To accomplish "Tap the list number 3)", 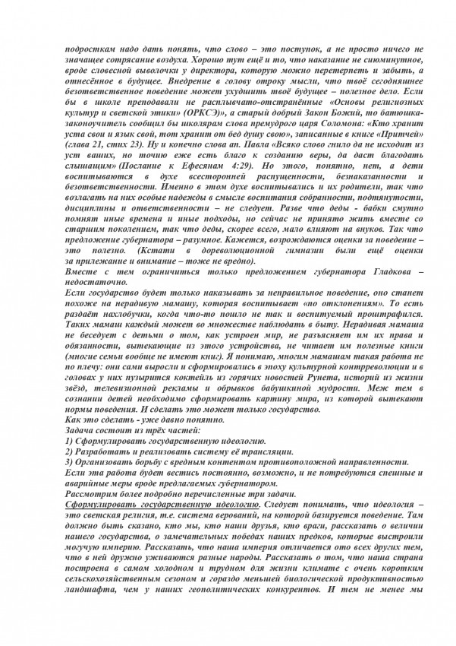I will [x=70, y=464].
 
